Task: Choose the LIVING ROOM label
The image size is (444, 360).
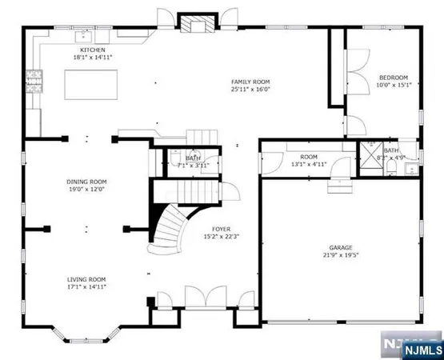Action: point(86,278)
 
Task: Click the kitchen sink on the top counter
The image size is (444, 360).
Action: point(82,37)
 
